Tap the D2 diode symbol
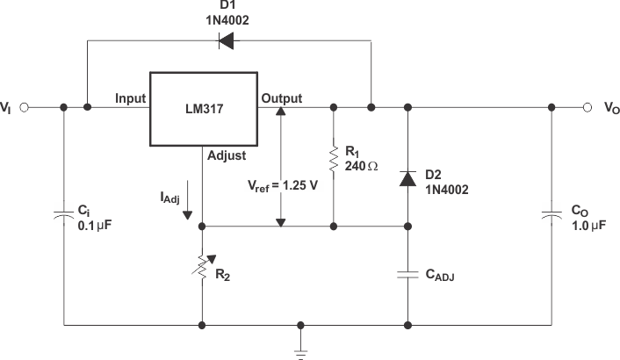pyautogui.click(x=407, y=177)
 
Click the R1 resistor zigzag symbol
pyautogui.click(x=334, y=160)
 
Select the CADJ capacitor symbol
pyautogui.click(x=407, y=274)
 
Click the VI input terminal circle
pyautogui.click(x=25, y=108)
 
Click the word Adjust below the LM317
pyautogui.click(x=226, y=155)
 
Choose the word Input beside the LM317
pyautogui.click(x=131, y=98)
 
